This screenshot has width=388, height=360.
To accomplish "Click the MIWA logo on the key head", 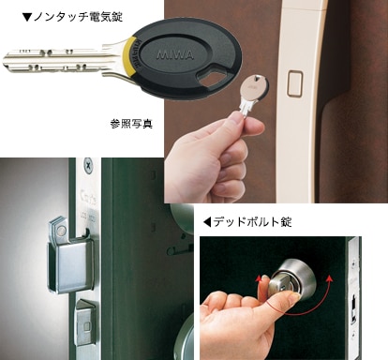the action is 175,55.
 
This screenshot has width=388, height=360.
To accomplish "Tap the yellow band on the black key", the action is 130,57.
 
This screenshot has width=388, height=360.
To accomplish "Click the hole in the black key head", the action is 213,77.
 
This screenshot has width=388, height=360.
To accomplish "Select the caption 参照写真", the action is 131,124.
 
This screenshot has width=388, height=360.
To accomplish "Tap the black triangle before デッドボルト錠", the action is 207,222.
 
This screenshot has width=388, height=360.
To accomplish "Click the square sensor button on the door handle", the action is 294,83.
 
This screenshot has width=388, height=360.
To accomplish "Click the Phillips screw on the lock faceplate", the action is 89,166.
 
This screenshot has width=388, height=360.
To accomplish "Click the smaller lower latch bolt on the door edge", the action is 85,322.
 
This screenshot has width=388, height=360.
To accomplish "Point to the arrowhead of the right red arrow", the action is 328,277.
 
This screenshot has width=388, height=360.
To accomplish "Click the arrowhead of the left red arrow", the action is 258,279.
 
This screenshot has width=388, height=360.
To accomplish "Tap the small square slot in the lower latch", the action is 86,327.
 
